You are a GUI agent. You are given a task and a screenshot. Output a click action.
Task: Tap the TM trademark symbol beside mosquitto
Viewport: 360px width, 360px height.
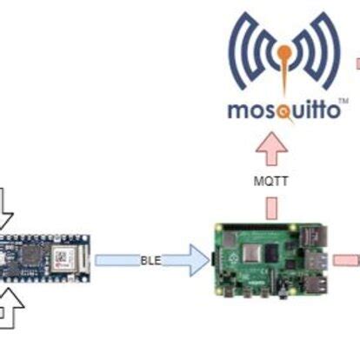pyautogui.click(x=343, y=103)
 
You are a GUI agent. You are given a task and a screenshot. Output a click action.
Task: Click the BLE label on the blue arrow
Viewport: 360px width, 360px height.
pyautogui.click(x=152, y=259)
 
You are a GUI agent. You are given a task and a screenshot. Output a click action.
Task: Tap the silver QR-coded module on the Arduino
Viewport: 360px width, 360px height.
pyautogui.click(x=63, y=257)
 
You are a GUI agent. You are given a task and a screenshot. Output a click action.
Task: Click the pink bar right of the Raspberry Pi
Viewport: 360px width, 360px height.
pyautogui.click(x=348, y=259)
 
